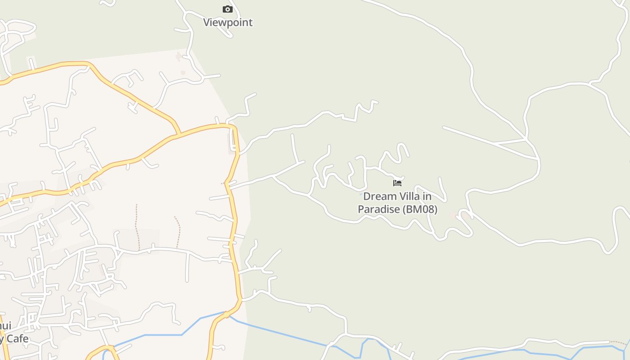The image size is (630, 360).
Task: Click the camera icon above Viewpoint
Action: tap(228, 9)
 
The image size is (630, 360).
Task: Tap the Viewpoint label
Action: tap(228, 22)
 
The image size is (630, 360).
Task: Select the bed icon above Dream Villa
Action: tap(397, 183)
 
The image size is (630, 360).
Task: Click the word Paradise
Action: tap(378, 209)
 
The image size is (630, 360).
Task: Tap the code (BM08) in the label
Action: tap(420, 209)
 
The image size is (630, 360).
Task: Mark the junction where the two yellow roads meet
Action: tap(178, 135)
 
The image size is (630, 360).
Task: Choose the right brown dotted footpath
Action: tap(179, 232)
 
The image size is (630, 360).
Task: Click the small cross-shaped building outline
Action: tap(179, 57)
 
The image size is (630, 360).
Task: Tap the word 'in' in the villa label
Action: tap(427, 197)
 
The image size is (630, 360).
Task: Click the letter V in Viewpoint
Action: tap(207, 22)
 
